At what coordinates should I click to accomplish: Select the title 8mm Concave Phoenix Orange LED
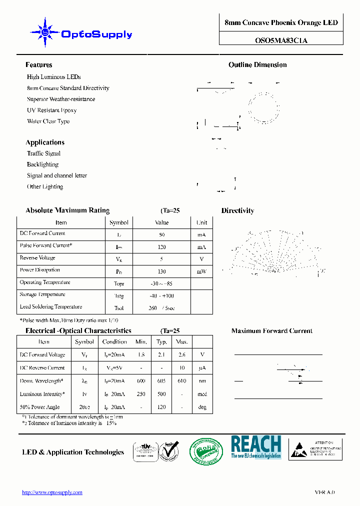[281, 23]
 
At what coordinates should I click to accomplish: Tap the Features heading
[38, 65]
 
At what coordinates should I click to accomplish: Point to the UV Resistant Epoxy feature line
[51, 110]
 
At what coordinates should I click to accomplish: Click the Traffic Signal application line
[43, 153]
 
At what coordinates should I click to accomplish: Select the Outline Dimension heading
[257, 65]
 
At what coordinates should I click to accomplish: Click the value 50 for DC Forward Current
[161, 234]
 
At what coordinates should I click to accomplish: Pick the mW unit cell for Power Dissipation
[201, 271]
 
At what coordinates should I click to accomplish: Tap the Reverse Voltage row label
[37, 258]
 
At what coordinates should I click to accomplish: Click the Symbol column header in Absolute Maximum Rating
[118, 222]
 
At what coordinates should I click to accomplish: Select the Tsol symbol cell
[118, 308]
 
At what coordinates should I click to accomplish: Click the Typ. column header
[161, 342]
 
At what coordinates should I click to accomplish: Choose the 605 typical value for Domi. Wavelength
[161, 381]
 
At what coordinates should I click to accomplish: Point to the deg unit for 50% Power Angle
[202, 407]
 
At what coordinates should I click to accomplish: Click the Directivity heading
[237, 211]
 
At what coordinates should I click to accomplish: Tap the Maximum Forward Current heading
[271, 331]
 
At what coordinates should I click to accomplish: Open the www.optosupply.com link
[52, 492]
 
